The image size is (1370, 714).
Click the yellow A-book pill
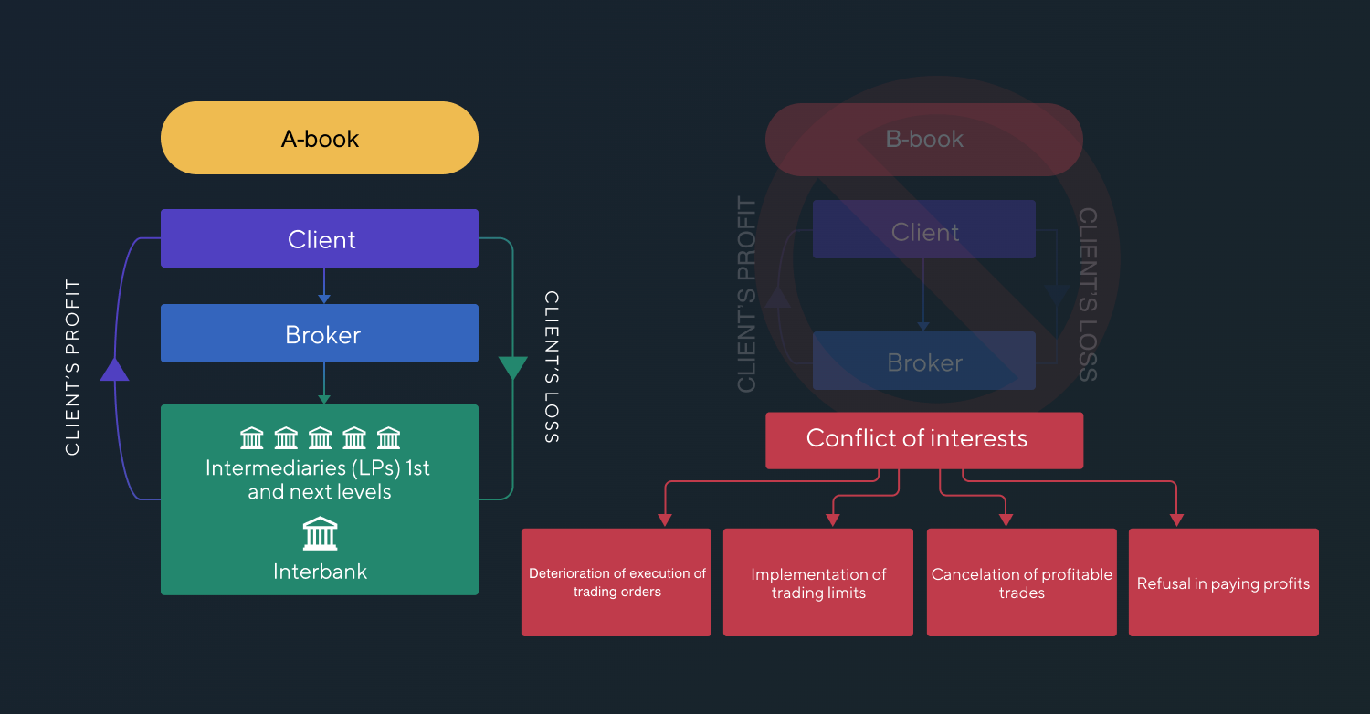[x=320, y=138]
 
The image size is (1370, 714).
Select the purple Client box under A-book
[x=320, y=238]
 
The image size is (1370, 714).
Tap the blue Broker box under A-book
[x=320, y=333]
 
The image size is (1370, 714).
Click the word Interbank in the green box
[x=320, y=572]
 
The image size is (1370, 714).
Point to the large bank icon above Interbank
[x=320, y=533]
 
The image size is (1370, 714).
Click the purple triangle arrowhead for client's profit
[x=115, y=369]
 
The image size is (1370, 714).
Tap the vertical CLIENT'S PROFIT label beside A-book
[x=73, y=367]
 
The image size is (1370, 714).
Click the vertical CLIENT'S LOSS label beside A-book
[x=552, y=367]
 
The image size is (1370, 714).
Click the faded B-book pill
[x=923, y=139]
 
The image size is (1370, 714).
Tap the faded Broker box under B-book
[x=923, y=362]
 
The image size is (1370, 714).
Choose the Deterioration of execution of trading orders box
[x=616, y=583]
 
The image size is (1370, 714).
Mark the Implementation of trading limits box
[x=818, y=583]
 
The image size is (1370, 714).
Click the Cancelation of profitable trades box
[x=1021, y=583]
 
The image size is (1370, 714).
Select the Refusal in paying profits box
[x=1223, y=583]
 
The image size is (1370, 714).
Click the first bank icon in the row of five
[x=252, y=439]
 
